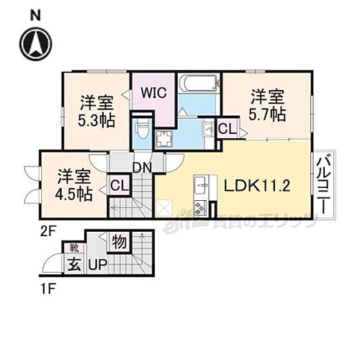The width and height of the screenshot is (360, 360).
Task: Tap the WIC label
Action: [153, 93]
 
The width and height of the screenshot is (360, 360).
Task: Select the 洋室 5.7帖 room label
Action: [267, 105]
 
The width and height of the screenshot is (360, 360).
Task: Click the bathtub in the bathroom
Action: [196, 84]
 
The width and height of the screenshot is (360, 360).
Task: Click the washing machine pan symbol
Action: [166, 138]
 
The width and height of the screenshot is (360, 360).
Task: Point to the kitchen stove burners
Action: [201, 208]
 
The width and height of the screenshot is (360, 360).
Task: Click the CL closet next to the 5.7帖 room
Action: [226, 130]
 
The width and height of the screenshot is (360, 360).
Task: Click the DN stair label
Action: [141, 167]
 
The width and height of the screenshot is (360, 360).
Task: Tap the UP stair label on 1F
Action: [97, 265]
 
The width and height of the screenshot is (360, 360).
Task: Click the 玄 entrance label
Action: [74, 264]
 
